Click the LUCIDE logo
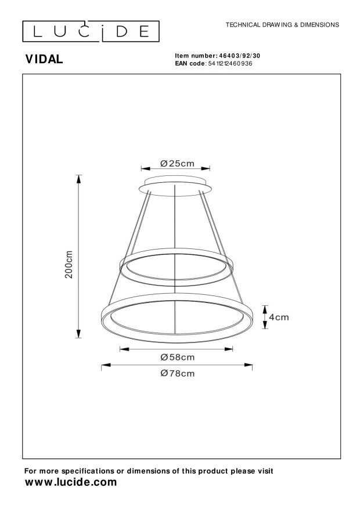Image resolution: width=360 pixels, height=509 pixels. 91,31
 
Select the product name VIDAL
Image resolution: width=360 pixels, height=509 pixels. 44,59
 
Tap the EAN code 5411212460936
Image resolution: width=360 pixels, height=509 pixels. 230,63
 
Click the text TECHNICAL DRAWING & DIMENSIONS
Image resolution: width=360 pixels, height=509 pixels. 282,25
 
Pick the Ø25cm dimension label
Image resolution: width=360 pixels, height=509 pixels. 177,163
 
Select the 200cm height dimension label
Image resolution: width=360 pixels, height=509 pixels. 69,264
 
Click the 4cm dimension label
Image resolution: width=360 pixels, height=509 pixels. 279,317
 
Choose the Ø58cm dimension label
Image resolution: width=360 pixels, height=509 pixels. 178,357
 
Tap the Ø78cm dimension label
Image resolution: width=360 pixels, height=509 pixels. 178,373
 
